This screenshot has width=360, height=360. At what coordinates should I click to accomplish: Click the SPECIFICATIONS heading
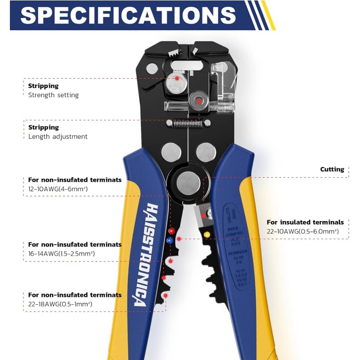pyautogui.click(x=128, y=15)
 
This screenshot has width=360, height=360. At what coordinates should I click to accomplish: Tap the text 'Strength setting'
pyautogui.click(x=53, y=95)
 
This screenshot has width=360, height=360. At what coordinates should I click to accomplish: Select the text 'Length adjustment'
pyautogui.click(x=58, y=136)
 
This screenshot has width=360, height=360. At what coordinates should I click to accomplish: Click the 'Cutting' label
pyautogui.click(x=332, y=169)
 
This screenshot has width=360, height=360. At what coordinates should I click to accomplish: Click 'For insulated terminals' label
pyautogui.click(x=305, y=222)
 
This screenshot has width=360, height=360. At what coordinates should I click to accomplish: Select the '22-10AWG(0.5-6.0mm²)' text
pyautogui.click(x=302, y=231)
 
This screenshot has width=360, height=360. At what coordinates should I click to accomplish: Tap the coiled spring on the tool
pyautogui.click(x=186, y=122)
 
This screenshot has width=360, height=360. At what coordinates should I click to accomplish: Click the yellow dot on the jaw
pyautogui.click(x=207, y=234)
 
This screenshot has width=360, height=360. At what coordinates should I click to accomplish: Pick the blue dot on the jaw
pyautogui.click(x=170, y=240)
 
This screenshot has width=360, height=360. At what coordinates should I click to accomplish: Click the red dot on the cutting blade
pyautogui.click(x=204, y=216)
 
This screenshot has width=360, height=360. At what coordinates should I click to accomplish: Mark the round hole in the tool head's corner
pyautogui.click(x=152, y=69)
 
